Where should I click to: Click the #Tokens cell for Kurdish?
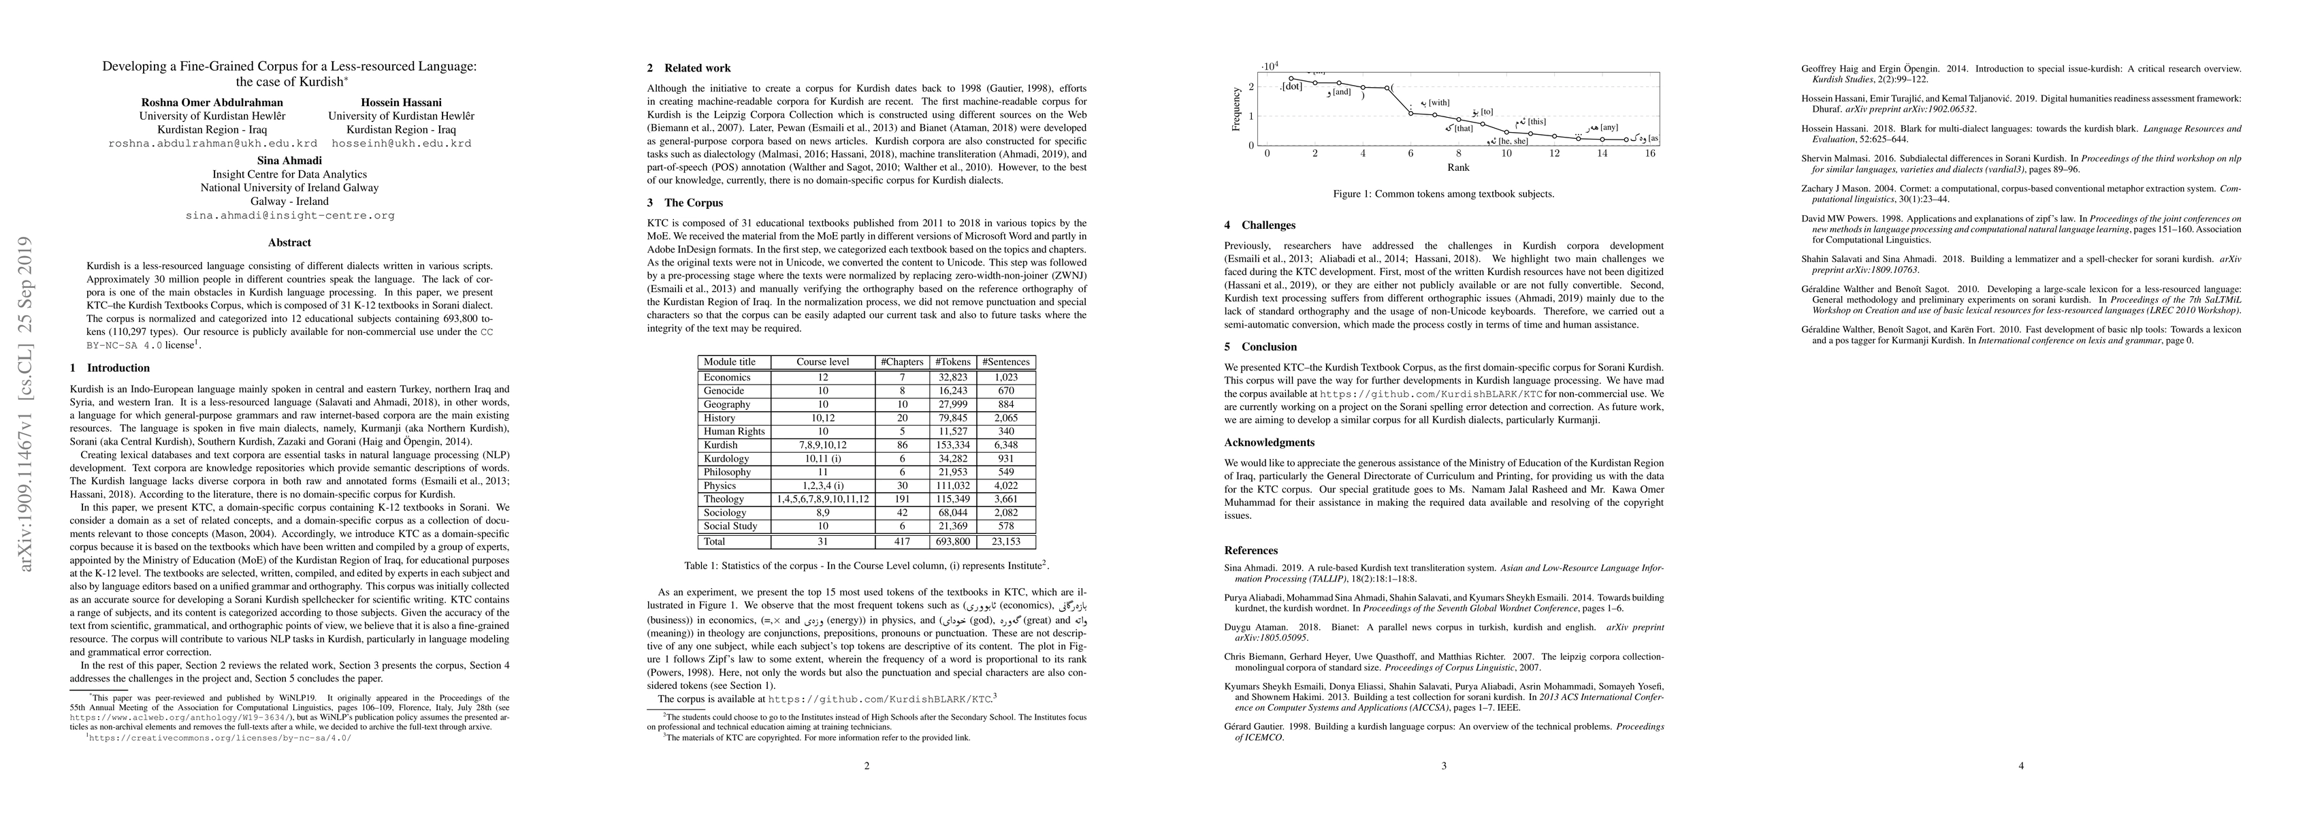951,445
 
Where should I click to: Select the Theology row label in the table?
724,498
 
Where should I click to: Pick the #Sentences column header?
1007,362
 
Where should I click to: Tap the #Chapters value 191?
902,498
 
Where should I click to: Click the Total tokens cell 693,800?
951,542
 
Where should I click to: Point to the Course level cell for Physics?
823,485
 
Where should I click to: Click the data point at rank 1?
1291,79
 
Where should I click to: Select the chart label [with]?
1438,103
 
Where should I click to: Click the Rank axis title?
1457,167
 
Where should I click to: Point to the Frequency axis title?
1237,107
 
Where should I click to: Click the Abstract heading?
289,242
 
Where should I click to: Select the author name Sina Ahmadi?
289,161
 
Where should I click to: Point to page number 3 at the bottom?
1444,766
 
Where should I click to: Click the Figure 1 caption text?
1444,193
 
